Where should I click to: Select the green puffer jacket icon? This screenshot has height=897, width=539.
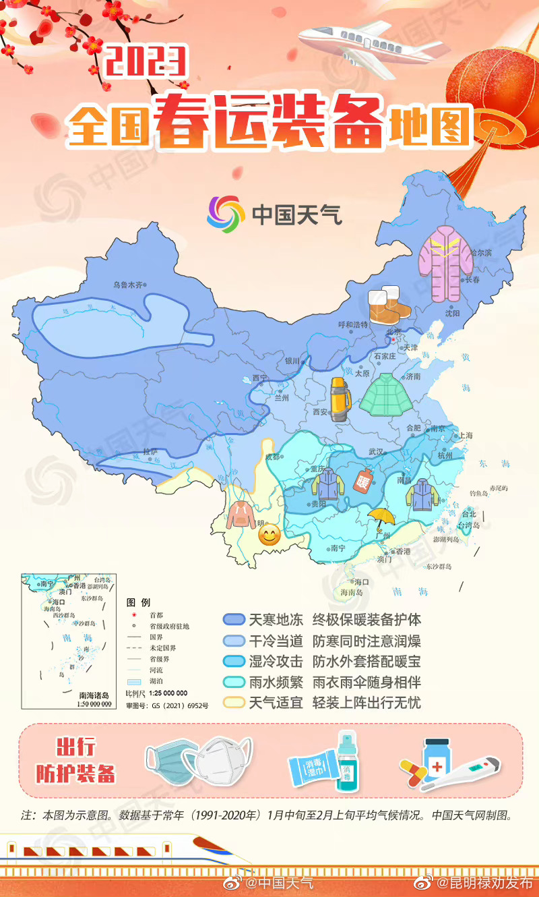pyautogui.click(x=385, y=395)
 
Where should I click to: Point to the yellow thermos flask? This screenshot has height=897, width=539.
pyautogui.click(x=340, y=400)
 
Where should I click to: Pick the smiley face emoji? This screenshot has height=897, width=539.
pyautogui.click(x=269, y=536)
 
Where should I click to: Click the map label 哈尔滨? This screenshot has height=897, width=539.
pyautogui.click(x=481, y=253)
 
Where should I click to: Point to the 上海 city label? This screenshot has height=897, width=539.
pyautogui.click(x=466, y=436)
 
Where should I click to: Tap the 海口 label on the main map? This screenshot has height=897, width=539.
pyautogui.click(x=362, y=581)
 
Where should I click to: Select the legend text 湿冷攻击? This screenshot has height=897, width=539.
pyautogui.click(x=276, y=661)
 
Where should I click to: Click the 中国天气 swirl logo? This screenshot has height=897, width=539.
pyautogui.click(x=226, y=214)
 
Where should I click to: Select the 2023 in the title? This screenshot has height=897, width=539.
pyautogui.click(x=145, y=62)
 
